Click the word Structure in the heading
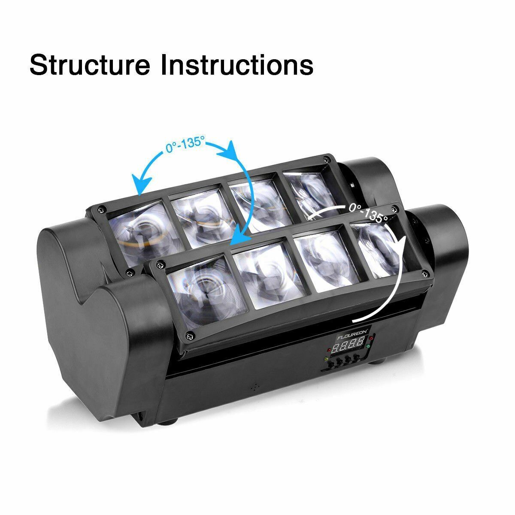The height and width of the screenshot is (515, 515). coord(90,65)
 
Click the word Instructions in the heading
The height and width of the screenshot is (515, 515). coord(236,65)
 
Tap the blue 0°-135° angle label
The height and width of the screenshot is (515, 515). coord(185,145)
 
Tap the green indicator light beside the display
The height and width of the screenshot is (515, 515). coord(369,357)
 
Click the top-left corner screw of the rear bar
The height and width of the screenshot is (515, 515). coord(100,209)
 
